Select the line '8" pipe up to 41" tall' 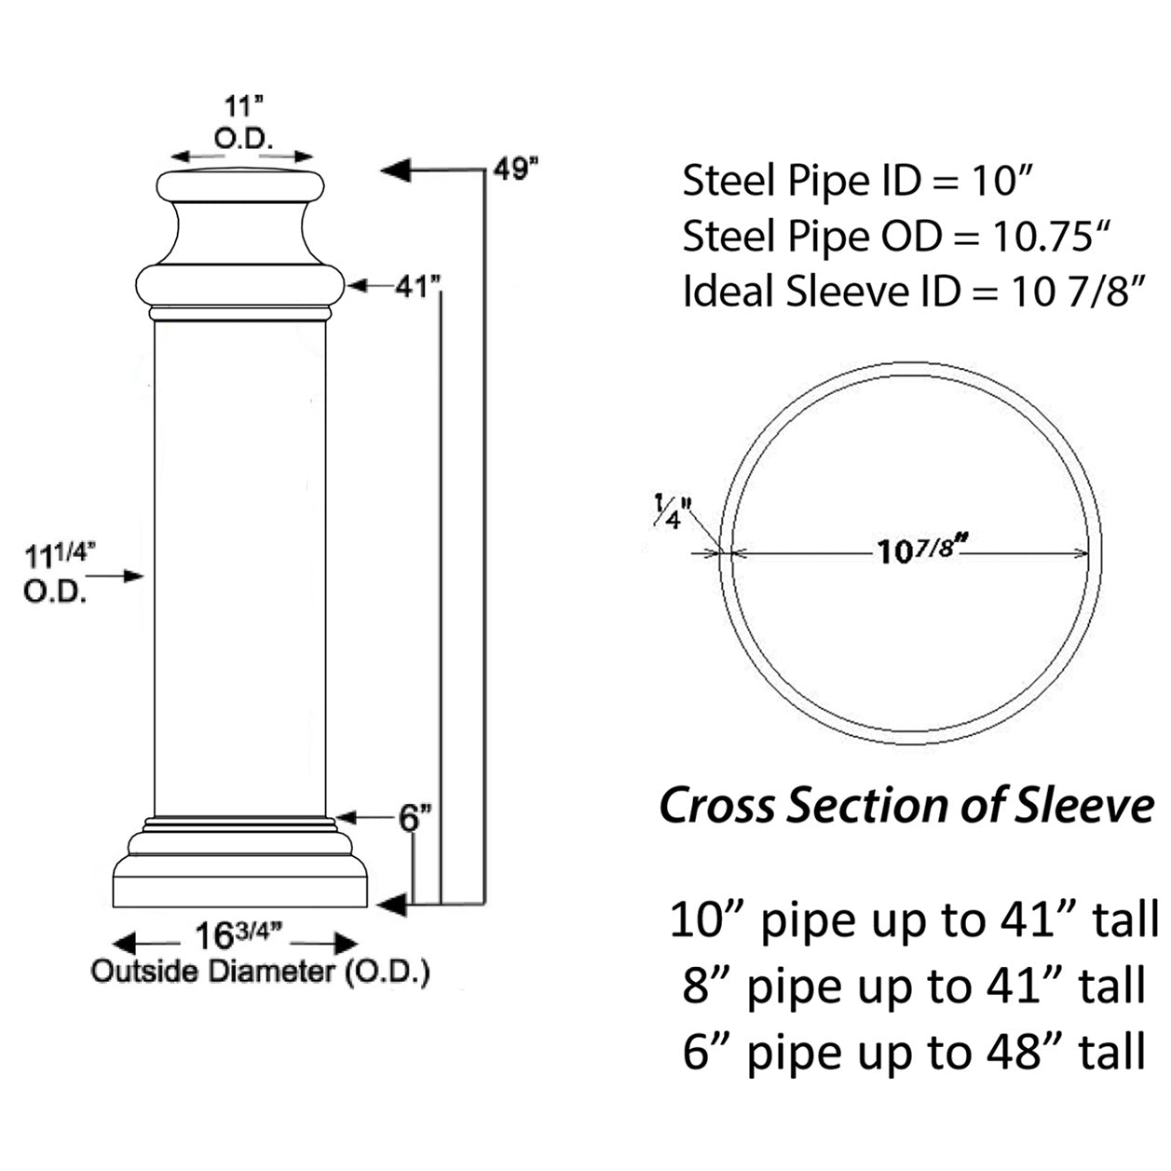coord(913,986)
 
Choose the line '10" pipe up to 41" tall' coord(913,919)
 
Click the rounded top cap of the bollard coord(240,185)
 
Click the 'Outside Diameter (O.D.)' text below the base coord(260,972)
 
